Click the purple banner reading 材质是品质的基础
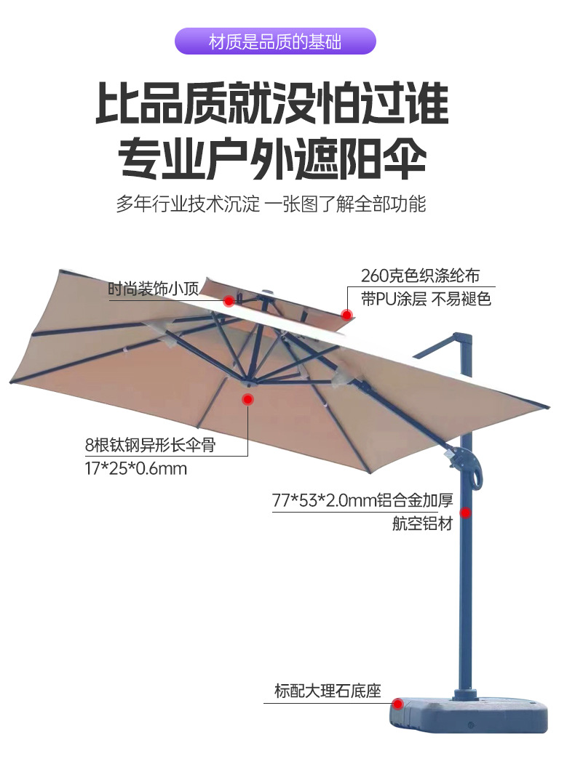[275, 41]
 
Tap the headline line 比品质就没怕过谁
[272, 104]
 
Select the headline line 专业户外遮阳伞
[272, 158]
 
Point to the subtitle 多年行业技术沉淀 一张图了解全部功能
[271, 204]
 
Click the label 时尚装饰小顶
[154, 288]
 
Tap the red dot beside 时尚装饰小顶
[229, 300]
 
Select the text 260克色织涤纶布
[420, 276]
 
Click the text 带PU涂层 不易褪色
[426, 299]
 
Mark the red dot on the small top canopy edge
[347, 314]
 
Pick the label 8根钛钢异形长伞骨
[151, 445]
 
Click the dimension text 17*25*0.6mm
[136, 468]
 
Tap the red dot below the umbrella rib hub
[248, 399]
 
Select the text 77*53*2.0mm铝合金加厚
[362, 500]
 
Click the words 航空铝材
[423, 523]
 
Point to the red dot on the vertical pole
[465, 513]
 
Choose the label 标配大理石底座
[328, 691]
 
